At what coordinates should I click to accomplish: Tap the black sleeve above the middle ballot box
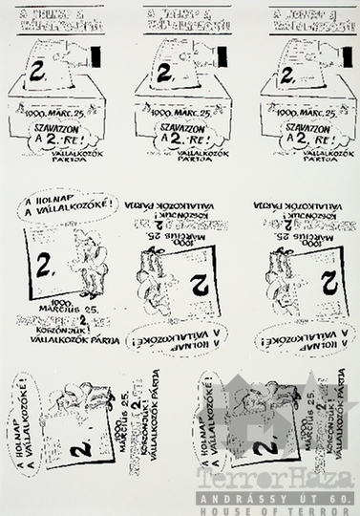coord(221,55)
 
